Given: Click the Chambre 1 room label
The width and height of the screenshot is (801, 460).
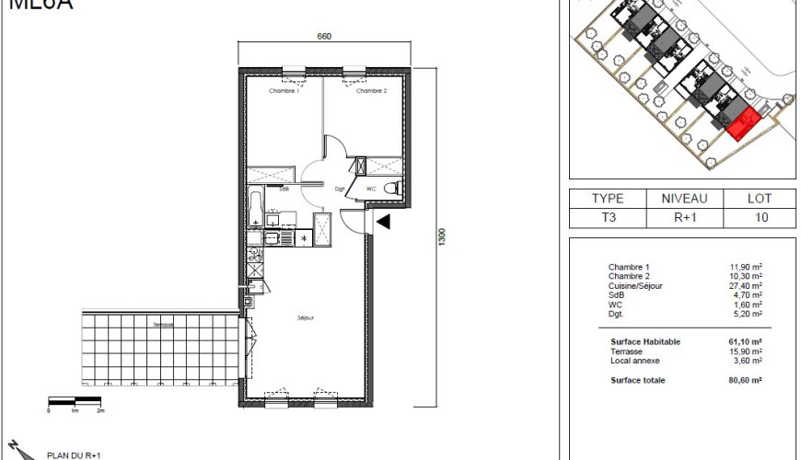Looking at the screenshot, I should click(x=284, y=91).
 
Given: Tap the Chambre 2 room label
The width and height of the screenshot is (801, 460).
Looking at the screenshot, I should click(x=371, y=91).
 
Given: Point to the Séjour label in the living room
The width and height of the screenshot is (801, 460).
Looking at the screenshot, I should click(x=306, y=317).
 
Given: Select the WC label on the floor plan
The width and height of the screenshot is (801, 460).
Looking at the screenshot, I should click(x=371, y=190).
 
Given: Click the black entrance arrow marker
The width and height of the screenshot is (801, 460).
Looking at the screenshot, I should click(x=383, y=221).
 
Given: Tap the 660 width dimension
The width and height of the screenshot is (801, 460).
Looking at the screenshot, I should click(x=323, y=37).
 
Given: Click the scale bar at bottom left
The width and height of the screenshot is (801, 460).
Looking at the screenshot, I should click(x=74, y=401).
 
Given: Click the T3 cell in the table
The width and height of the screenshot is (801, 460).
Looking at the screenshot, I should click(x=608, y=218).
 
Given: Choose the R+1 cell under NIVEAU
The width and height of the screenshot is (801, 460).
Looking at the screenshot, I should click(x=683, y=218).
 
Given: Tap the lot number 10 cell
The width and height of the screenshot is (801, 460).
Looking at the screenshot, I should click(x=760, y=218).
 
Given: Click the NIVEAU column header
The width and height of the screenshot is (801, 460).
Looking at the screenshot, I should click(x=683, y=198).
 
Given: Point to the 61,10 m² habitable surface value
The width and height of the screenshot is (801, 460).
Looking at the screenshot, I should click(x=746, y=341).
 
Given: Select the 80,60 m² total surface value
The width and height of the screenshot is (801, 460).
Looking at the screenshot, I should click(x=746, y=380).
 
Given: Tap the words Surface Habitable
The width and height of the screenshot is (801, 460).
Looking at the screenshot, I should click(x=644, y=341).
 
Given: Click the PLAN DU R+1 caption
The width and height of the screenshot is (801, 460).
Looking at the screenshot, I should click(x=73, y=454).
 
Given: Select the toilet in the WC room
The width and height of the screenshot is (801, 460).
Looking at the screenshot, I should click(x=393, y=189).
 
